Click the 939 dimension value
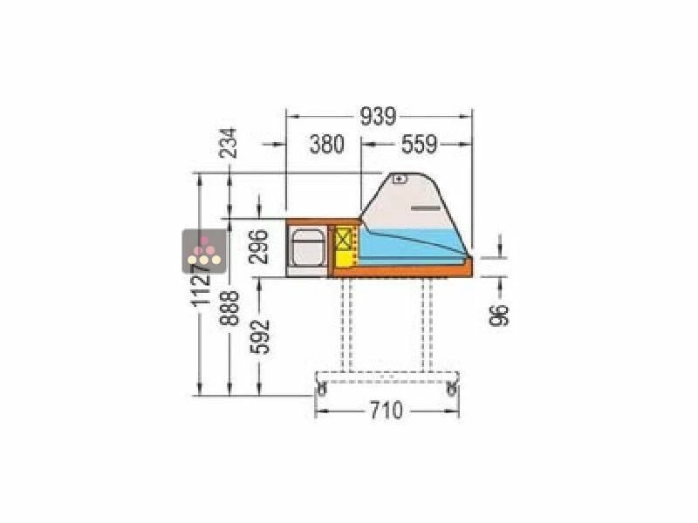click(x=378, y=117)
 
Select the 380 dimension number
click(x=327, y=144)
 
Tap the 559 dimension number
click(x=420, y=144)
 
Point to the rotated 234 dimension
click(x=228, y=143)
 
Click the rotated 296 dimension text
click(x=258, y=247)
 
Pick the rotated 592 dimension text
click(x=260, y=336)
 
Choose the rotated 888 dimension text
click(x=229, y=309)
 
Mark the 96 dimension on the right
click(x=499, y=315)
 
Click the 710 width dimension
click(x=387, y=410)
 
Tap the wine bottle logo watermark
click(x=204, y=251)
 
